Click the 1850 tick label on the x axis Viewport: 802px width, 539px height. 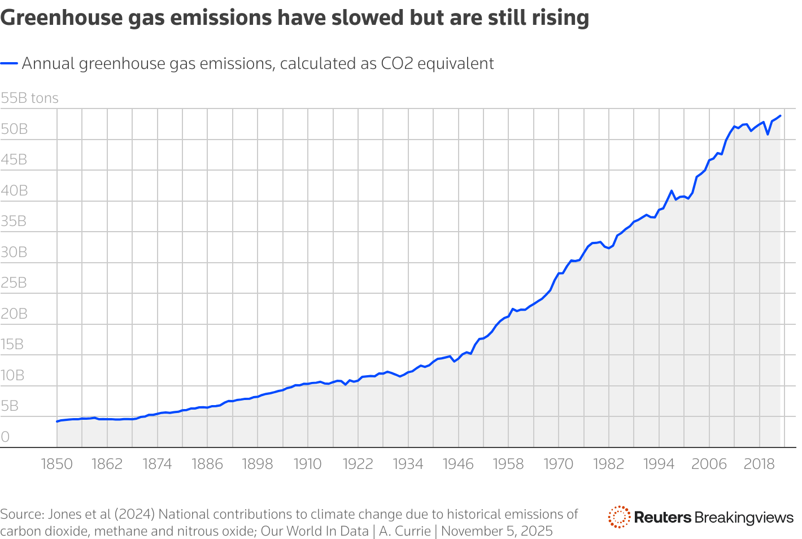(x=57, y=464)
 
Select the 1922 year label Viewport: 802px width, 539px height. (x=358, y=464)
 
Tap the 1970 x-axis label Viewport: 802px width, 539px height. (x=558, y=464)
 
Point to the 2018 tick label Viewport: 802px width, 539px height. (x=759, y=464)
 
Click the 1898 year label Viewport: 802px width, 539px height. (x=258, y=464)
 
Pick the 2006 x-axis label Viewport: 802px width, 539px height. (x=709, y=464)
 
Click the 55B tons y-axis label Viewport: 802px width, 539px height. (x=29, y=98)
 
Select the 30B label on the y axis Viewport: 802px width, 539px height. (x=14, y=252)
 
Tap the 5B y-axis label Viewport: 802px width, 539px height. (x=10, y=406)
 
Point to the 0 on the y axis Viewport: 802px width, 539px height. (x=5, y=437)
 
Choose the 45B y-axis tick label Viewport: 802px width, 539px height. (x=14, y=160)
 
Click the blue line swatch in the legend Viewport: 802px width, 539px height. (x=9, y=64)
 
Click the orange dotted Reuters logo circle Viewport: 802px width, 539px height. (x=619, y=517)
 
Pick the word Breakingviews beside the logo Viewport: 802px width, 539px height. (x=744, y=517)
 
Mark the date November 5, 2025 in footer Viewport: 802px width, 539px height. (x=497, y=531)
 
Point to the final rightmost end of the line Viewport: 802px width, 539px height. (x=780, y=116)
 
